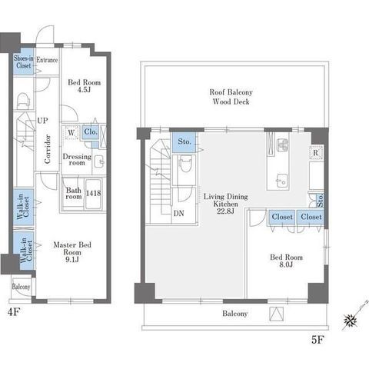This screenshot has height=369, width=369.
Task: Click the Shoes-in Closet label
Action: point(24,61)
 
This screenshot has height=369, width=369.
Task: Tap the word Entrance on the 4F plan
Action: point(47,60)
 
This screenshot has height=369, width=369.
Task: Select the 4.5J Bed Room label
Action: point(84,86)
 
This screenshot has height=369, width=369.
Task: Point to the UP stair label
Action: point(42,121)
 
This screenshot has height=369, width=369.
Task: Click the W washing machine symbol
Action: point(71,133)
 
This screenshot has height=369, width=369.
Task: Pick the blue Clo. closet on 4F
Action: point(91,132)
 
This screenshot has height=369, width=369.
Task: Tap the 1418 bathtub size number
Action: point(93,193)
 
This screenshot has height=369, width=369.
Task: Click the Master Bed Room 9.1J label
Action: point(72,252)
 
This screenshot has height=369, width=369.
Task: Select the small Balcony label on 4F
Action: point(21,287)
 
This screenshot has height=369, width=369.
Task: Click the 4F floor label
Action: point(14,312)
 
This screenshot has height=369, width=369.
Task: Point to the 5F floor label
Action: point(317,340)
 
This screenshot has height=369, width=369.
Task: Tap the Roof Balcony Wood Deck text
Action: point(231,97)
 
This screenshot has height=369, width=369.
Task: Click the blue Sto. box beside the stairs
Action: point(184,142)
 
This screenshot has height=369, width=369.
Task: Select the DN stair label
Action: point(178,213)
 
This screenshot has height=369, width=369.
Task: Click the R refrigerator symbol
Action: point(316,153)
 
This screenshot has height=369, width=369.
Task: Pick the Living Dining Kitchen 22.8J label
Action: point(226,204)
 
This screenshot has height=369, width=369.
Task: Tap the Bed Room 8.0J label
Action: point(286,261)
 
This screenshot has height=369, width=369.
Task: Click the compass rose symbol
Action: point(351,321)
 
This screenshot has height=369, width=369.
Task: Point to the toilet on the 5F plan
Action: point(185,165)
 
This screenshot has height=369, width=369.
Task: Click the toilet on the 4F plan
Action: point(23,101)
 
